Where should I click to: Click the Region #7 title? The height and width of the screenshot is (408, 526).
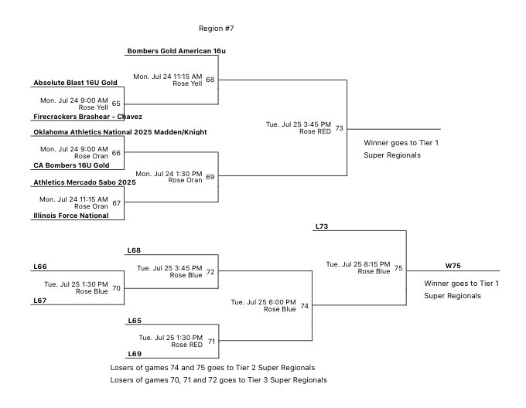point(216,29)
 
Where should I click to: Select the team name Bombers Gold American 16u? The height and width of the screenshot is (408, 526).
point(176,51)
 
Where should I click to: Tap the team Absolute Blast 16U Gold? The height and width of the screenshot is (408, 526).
point(75,82)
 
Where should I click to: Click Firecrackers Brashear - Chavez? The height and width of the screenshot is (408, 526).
point(87,117)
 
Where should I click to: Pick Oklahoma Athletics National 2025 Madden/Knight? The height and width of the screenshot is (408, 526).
point(120,132)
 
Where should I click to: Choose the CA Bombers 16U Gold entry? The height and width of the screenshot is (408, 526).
point(71,165)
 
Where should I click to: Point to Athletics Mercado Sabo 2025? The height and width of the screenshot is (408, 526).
point(84,182)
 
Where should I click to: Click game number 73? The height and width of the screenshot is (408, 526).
point(339,128)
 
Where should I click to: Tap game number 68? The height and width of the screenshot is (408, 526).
point(210,80)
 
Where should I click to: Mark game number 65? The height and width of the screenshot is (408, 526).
point(116,104)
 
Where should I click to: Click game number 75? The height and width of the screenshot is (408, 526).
point(398,268)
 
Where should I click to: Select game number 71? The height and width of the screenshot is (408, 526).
point(210,341)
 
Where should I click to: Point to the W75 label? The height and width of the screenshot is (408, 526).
point(453,265)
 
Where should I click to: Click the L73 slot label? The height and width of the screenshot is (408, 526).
point(322,226)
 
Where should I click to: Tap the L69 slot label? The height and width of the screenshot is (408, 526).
point(134,353)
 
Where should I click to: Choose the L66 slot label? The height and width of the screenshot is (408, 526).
point(40,267)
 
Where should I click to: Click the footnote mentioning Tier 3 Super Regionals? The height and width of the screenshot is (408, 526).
point(218,380)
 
